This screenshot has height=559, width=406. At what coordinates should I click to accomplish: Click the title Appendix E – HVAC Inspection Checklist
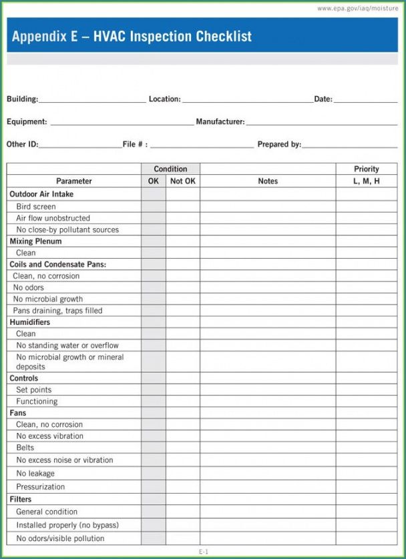[x=132, y=37]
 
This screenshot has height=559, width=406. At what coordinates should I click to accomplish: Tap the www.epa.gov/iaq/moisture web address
[x=357, y=8]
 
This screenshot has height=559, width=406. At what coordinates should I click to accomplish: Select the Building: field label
[x=22, y=99]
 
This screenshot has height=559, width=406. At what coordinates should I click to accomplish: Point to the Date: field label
[x=323, y=99]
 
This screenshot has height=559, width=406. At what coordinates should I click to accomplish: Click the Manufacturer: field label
[x=220, y=122]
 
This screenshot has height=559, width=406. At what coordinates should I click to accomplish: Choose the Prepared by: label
[x=279, y=144]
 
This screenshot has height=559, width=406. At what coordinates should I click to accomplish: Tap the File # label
[x=135, y=144]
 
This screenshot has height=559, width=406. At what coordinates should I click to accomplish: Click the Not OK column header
[x=183, y=181]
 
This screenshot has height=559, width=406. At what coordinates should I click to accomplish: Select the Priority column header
[x=367, y=169]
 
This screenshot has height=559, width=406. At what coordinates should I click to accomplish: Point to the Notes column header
[x=268, y=181]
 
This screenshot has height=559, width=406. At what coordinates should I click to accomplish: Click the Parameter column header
[x=74, y=181]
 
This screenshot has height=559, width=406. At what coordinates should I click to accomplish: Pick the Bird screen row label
[x=36, y=207]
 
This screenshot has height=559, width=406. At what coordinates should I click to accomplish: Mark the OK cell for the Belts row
[x=154, y=448]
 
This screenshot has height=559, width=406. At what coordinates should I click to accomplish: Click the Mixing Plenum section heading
[x=35, y=241]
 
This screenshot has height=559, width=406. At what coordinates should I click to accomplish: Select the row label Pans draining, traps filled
[x=57, y=311]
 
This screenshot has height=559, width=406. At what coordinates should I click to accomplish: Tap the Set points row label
[x=33, y=390]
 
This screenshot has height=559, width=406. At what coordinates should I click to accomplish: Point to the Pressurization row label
[x=41, y=487]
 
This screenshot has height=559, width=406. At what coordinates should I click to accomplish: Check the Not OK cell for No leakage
[x=183, y=474]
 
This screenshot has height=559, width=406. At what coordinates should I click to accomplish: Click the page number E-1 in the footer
[x=203, y=552]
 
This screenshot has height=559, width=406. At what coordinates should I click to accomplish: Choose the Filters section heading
[x=21, y=499]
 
